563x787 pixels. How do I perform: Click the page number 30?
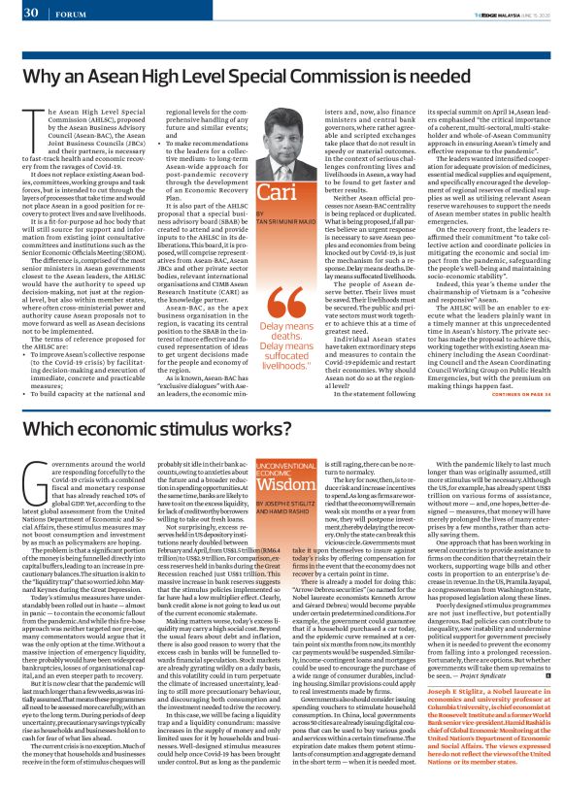[28, 14]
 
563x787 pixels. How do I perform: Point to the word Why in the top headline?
[43, 73]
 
